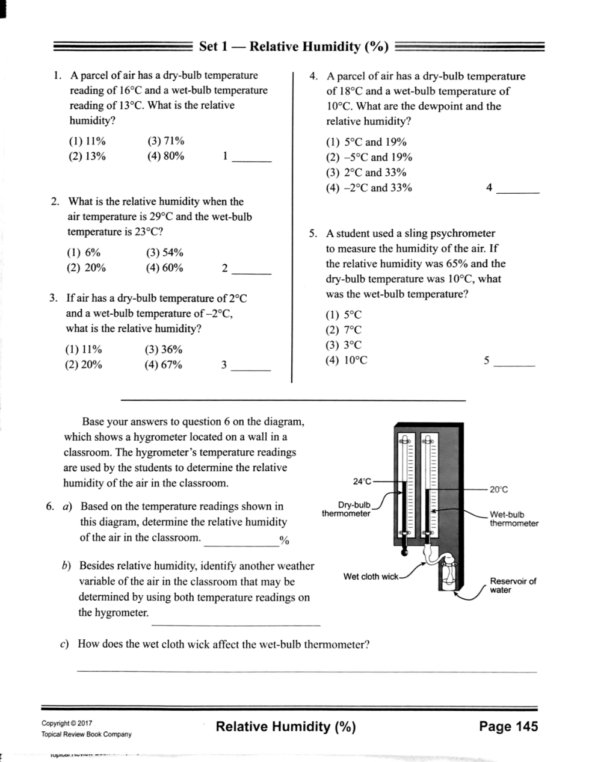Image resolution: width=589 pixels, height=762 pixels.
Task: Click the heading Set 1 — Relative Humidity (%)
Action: pos(294,46)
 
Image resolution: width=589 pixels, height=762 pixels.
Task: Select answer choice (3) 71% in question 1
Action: pos(165,141)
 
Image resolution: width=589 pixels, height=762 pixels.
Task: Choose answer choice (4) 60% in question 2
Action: pos(165,268)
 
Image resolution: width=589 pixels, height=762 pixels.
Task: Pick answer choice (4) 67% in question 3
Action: pos(163,365)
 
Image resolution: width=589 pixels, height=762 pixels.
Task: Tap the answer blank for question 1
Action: pos(252,161)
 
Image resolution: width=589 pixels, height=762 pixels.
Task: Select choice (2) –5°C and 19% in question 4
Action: pos(369,157)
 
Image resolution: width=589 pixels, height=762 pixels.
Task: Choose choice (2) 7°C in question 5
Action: pos(344,330)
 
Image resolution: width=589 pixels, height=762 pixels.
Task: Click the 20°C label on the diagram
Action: pos(499,489)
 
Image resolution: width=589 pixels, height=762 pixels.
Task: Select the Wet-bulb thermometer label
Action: pos(514,519)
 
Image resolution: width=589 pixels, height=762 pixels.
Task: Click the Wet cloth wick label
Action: pos(371,577)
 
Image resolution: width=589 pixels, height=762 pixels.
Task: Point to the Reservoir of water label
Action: pos(513,586)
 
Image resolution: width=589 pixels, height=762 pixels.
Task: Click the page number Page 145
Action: pos(508,726)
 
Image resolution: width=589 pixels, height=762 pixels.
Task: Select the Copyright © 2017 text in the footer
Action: pos(67,723)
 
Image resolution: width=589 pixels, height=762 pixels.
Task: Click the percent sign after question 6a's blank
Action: pos(284,541)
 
